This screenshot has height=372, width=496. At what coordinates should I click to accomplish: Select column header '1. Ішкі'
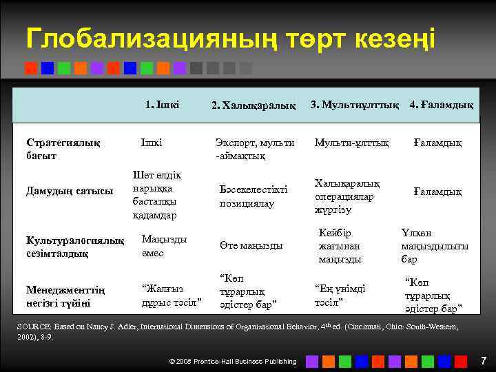pos(163,105)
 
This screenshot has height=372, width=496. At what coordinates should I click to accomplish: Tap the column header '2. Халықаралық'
pos(254,105)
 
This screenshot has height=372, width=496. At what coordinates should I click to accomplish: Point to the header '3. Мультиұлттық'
pos(355,105)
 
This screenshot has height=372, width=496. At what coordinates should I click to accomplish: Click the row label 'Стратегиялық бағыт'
pos(63,149)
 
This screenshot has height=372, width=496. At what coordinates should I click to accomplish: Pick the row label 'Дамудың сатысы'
pos(70,191)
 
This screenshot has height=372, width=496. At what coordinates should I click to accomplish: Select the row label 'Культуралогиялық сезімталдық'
pos(75,247)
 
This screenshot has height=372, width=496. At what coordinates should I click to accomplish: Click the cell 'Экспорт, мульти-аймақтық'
pos(256,149)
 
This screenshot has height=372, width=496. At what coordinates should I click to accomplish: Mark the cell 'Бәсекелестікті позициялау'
pos(253,196)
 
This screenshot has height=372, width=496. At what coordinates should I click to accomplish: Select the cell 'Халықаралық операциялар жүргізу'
pos(347,196)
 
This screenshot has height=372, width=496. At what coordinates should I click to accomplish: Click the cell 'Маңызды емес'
pos(163,245)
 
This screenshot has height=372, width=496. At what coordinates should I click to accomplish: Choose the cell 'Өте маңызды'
pos(251,246)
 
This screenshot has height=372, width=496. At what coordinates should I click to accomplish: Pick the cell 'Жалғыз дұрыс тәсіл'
pos(171,295)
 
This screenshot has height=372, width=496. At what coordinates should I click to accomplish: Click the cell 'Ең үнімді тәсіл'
pos(339,295)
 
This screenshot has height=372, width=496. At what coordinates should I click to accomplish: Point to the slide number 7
pos(483,360)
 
